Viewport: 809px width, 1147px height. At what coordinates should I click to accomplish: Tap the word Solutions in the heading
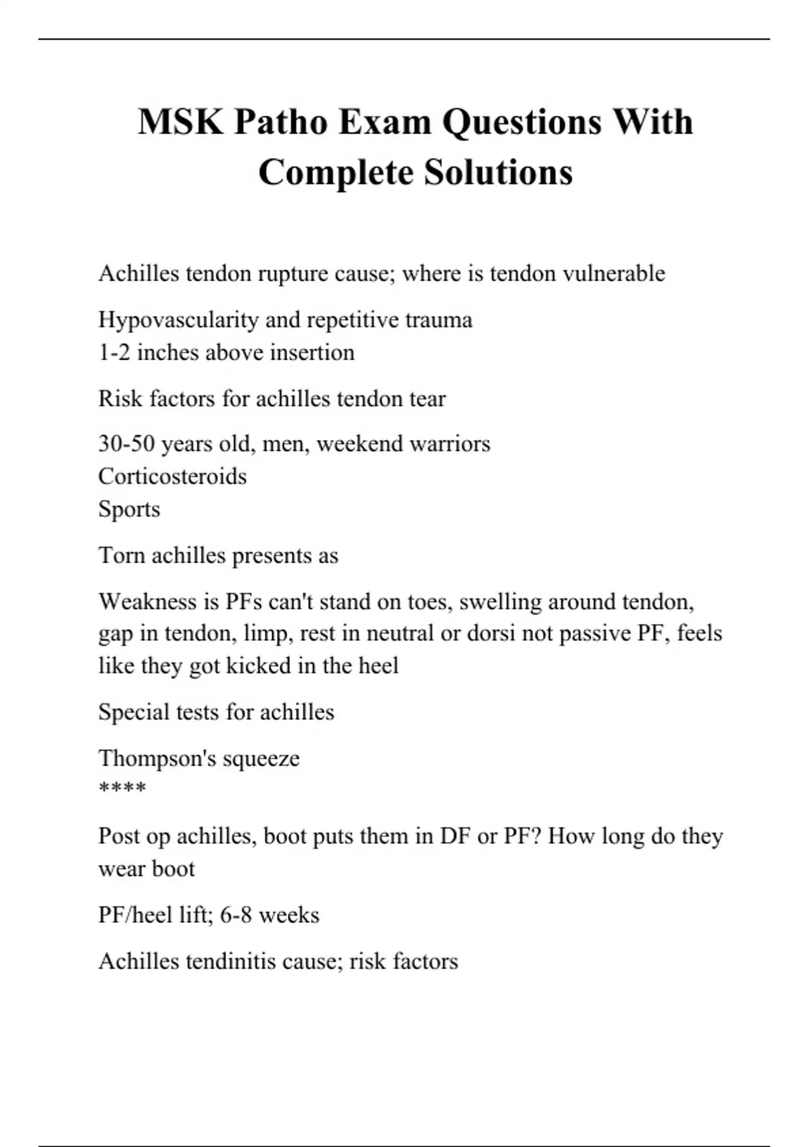click(x=498, y=172)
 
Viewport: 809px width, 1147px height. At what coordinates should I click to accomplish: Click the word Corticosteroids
click(x=173, y=476)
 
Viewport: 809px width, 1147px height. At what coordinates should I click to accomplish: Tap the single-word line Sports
click(x=129, y=509)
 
